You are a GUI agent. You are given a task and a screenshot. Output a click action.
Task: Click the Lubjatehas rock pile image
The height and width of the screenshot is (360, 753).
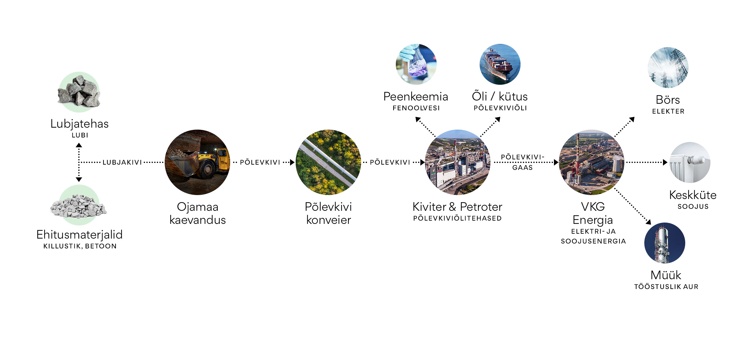click(79, 92)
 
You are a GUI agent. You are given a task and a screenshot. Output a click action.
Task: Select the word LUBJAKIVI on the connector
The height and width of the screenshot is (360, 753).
click(122, 162)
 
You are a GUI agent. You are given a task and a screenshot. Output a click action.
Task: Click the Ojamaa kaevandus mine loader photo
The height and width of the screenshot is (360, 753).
click(197, 162)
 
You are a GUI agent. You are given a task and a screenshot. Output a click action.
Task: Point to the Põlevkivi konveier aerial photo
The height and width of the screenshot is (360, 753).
click(328, 162)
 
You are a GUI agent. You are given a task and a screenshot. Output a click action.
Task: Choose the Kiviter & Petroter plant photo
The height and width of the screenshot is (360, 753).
click(457, 162)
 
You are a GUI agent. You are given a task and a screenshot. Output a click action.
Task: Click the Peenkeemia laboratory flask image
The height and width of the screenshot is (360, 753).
click(416, 64)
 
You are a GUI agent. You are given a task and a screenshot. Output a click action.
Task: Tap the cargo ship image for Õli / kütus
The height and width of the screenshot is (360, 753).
click(500, 64)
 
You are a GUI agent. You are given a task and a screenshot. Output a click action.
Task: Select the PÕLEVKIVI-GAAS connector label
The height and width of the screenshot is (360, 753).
click(523, 162)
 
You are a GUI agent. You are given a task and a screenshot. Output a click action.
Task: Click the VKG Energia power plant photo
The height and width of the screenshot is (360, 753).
click(592, 162)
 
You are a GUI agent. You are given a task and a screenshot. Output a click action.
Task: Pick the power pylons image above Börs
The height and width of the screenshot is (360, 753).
click(668, 67)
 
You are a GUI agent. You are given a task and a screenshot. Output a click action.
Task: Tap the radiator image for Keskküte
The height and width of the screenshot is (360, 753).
click(690, 162)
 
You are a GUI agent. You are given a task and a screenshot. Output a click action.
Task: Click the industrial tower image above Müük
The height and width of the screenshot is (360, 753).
click(665, 243)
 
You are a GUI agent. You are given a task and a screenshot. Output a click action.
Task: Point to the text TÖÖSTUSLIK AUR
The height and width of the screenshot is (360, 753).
click(666, 287)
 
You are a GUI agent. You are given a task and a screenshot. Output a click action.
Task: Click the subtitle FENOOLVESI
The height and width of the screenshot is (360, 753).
click(416, 108)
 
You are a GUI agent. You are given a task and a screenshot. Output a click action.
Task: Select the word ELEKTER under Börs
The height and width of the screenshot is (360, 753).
click(668, 111)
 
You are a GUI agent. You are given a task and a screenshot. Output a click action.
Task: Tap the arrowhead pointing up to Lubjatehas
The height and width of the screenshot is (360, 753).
click(79, 145)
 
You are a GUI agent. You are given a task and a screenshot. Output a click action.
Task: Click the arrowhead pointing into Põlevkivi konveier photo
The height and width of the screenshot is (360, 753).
click(292, 162)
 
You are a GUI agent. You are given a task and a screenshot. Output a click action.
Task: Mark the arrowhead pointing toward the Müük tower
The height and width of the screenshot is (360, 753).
click(649, 222)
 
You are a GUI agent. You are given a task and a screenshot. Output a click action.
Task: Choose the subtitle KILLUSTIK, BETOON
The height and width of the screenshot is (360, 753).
click(80, 246)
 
